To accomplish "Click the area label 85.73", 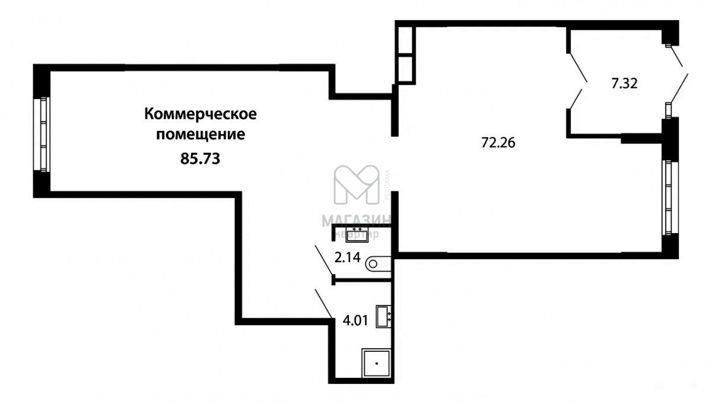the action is [x=200, y=158].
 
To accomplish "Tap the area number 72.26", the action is [x=498, y=142].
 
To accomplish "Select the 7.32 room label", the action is [x=625, y=84].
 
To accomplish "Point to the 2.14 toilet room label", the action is [x=348, y=257].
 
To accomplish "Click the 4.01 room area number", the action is [x=355, y=320].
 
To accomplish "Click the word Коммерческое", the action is [x=201, y=114].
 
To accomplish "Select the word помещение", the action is [x=201, y=135].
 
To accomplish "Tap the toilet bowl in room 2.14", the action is [x=378, y=264].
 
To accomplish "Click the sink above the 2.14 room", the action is [x=357, y=235].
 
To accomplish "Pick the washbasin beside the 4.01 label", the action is [x=383, y=316].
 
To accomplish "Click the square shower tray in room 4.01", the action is [x=376, y=363].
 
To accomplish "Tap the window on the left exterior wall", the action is [x=44, y=134].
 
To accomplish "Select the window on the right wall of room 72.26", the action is [x=669, y=198].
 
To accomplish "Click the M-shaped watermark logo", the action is [x=357, y=184].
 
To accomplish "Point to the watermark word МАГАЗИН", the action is [x=357, y=221].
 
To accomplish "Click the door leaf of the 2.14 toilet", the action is [x=324, y=260].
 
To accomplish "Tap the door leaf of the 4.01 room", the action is [x=324, y=304].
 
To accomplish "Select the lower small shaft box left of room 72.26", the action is [x=405, y=69].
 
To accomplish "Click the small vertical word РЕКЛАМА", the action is [x=387, y=184].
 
